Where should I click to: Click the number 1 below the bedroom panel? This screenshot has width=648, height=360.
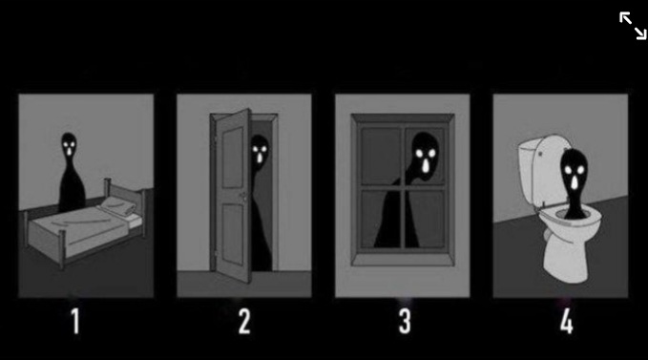tap(75, 323)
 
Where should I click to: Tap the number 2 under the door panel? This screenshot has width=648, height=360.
tap(244, 323)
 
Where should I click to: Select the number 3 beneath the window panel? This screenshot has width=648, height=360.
tap(405, 323)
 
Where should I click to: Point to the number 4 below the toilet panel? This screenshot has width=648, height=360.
tap(566, 323)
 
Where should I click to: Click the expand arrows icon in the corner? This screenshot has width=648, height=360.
tap(632, 26)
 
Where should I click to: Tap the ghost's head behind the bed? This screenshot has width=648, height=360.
tap(70, 145)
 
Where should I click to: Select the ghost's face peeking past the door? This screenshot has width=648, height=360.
tap(259, 150)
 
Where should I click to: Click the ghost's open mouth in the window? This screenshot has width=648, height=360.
tap(423, 167)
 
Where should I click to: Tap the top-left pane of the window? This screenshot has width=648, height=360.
tap(380, 153)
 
